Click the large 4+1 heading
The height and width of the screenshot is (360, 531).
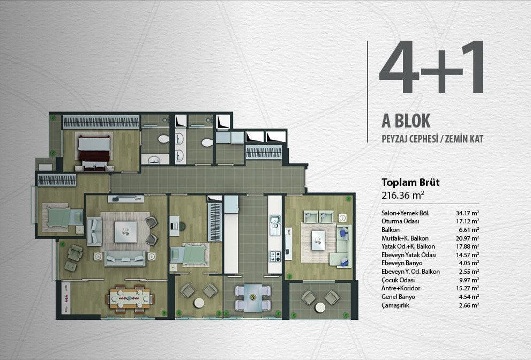431,67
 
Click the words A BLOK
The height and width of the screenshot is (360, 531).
406,121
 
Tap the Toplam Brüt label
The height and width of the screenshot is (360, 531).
410,182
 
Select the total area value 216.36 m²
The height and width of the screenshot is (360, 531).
403,195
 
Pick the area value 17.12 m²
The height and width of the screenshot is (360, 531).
467,221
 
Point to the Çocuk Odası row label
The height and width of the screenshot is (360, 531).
398,280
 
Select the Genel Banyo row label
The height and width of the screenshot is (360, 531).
398,297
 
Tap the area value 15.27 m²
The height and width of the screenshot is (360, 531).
467,288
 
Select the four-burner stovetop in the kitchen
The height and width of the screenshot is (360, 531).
275,257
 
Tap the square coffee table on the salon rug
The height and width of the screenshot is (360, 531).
125,231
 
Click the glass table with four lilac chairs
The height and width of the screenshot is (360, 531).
252,298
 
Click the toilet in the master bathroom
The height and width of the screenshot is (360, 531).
163,139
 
